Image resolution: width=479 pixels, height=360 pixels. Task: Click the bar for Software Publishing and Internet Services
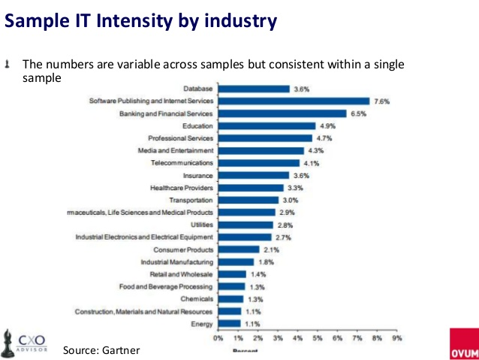pos(294,101)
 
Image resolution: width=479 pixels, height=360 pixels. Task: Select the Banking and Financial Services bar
pos(282,113)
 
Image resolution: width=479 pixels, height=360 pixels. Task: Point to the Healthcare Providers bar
pos(251,187)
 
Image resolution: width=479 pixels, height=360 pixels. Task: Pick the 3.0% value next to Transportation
pos(291,200)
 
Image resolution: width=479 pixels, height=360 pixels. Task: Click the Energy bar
pos(230,323)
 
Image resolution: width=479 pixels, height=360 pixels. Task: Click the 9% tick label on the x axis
pos(397,339)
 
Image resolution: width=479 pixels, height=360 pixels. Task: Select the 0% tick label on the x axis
pos(218,339)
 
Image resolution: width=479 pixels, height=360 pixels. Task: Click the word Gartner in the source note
pos(122,350)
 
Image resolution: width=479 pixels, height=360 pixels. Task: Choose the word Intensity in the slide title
pos(140,22)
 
